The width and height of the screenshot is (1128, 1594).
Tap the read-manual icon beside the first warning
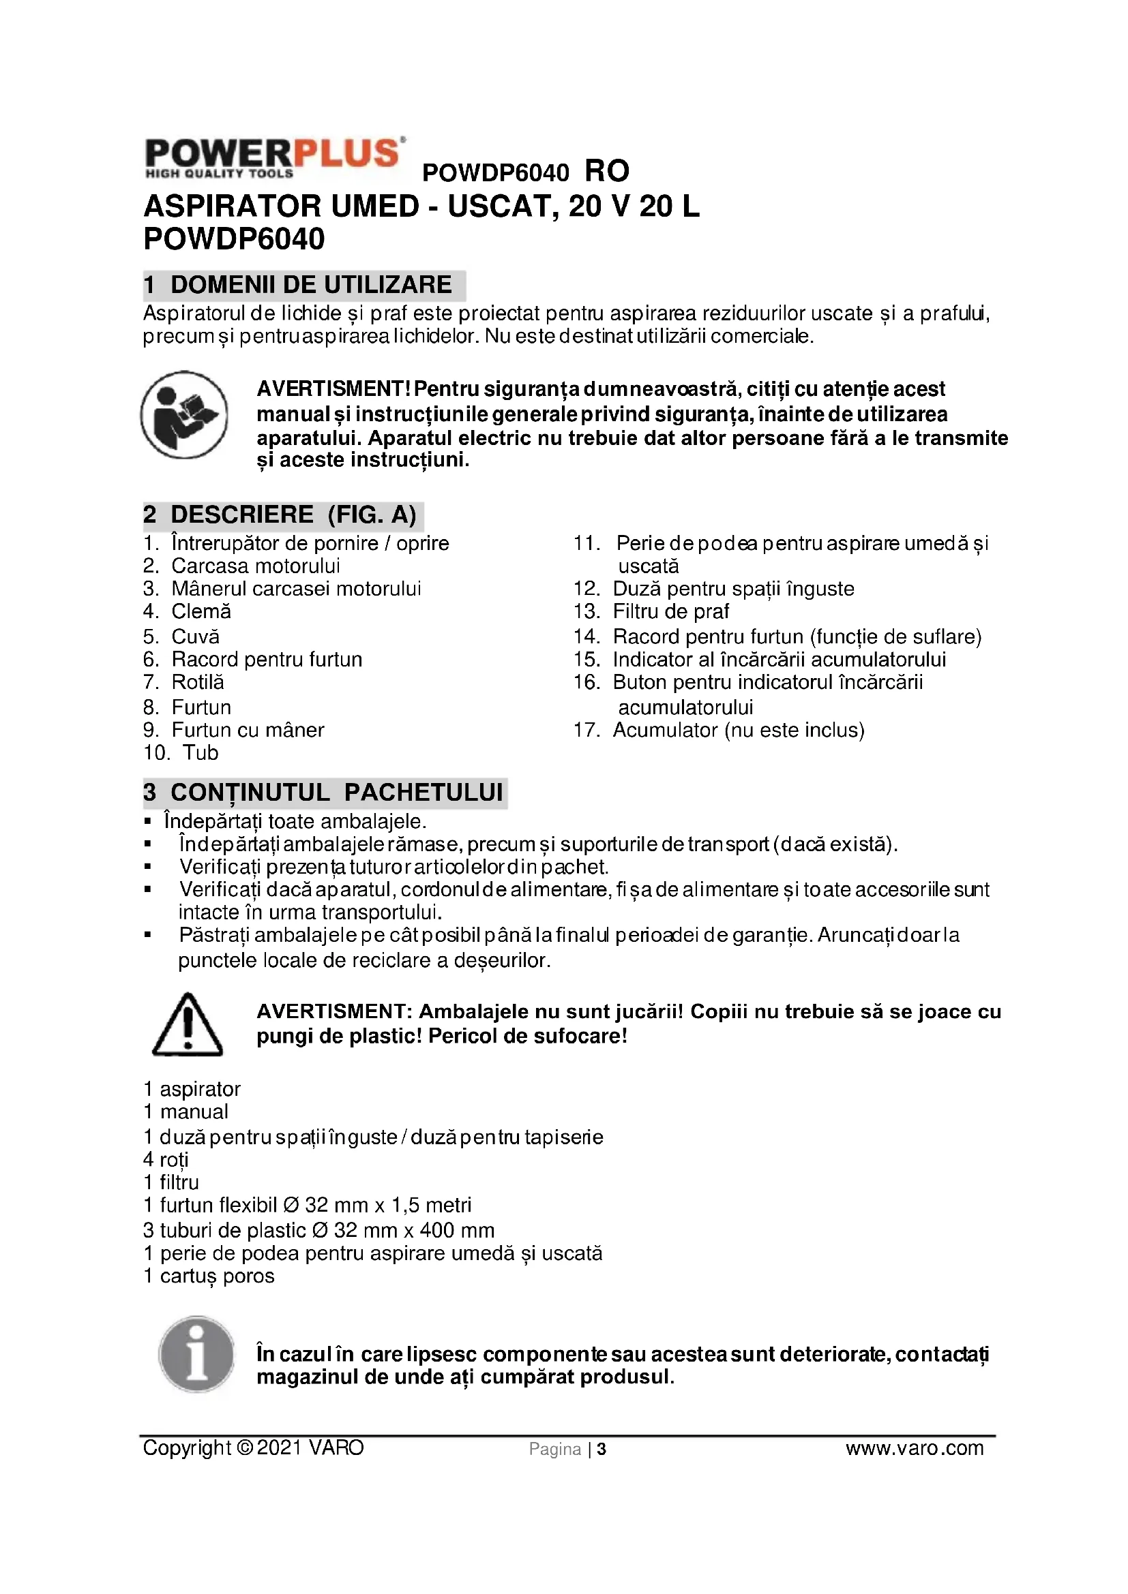(x=184, y=414)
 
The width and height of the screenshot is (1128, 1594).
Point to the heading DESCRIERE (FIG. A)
(x=284, y=515)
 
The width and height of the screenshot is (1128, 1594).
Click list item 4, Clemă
(x=201, y=611)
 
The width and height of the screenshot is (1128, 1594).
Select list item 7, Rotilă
(x=197, y=682)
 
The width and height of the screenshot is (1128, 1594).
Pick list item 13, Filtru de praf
(x=670, y=611)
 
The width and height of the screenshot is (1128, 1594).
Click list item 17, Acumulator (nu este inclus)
(x=738, y=731)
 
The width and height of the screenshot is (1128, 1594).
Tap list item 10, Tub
(x=200, y=753)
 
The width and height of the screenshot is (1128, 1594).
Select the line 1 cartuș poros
(x=209, y=1275)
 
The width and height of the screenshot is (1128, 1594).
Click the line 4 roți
(x=166, y=1160)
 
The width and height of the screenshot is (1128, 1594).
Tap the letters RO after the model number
(x=607, y=172)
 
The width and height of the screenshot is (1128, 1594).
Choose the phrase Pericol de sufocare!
(x=528, y=1037)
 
